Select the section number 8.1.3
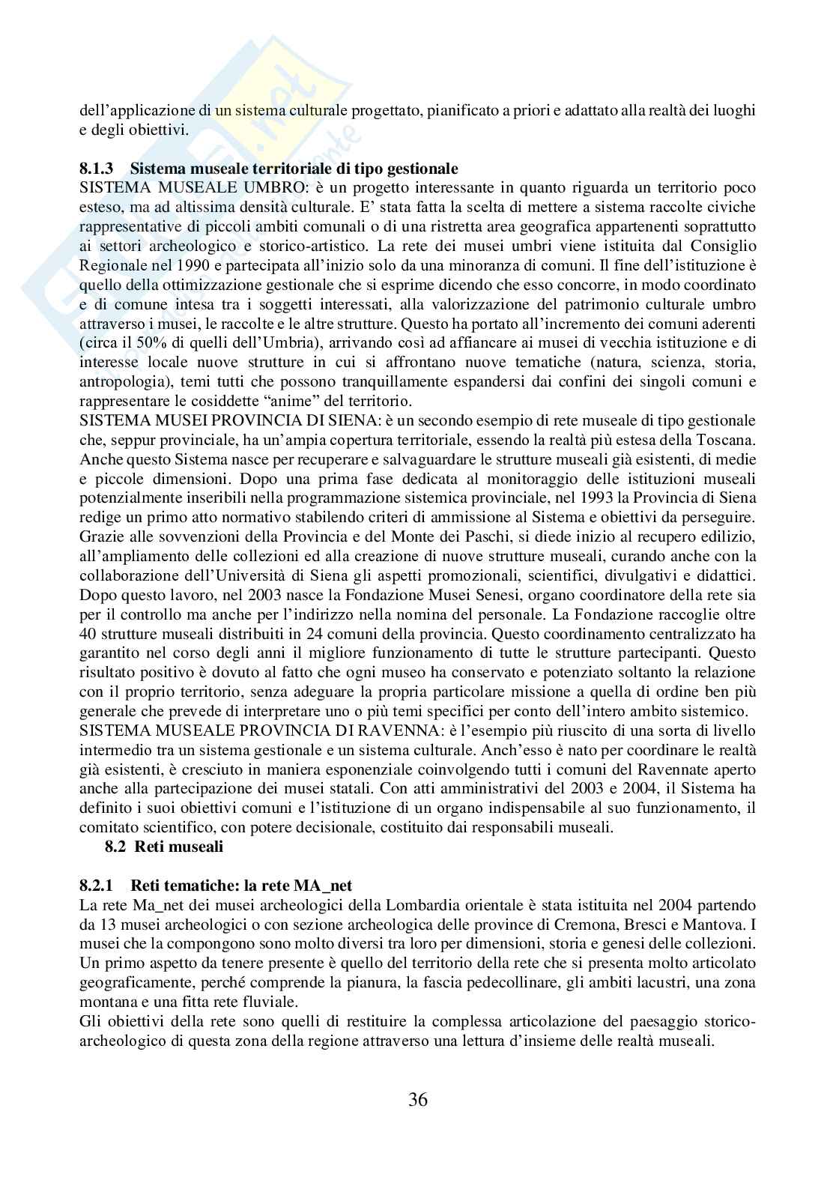(x=97, y=167)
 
